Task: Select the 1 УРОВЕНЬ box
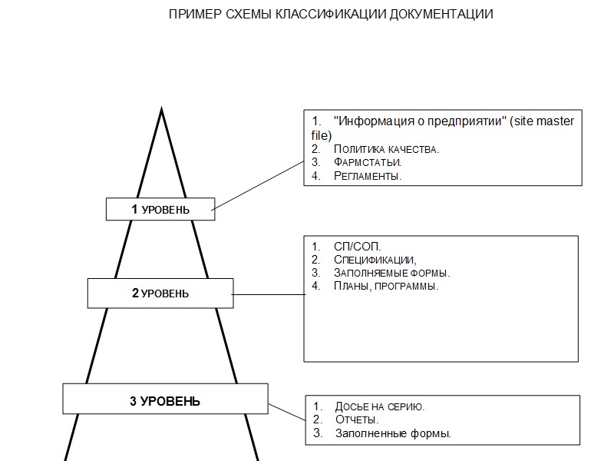point(160,209)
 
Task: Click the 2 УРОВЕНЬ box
point(160,293)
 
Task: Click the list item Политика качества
point(386,149)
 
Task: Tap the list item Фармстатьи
point(368,163)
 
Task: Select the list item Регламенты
point(368,177)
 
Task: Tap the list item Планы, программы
point(386,286)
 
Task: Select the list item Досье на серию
point(379,406)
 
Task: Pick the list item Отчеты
point(357,420)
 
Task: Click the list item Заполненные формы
point(392,433)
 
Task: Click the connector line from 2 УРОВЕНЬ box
point(269,294)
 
